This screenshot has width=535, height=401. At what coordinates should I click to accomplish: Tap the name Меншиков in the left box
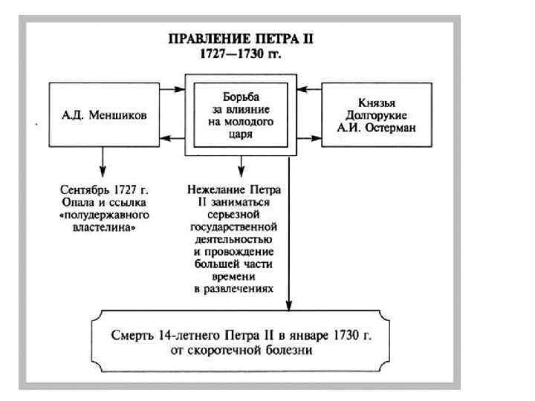point(120,116)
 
